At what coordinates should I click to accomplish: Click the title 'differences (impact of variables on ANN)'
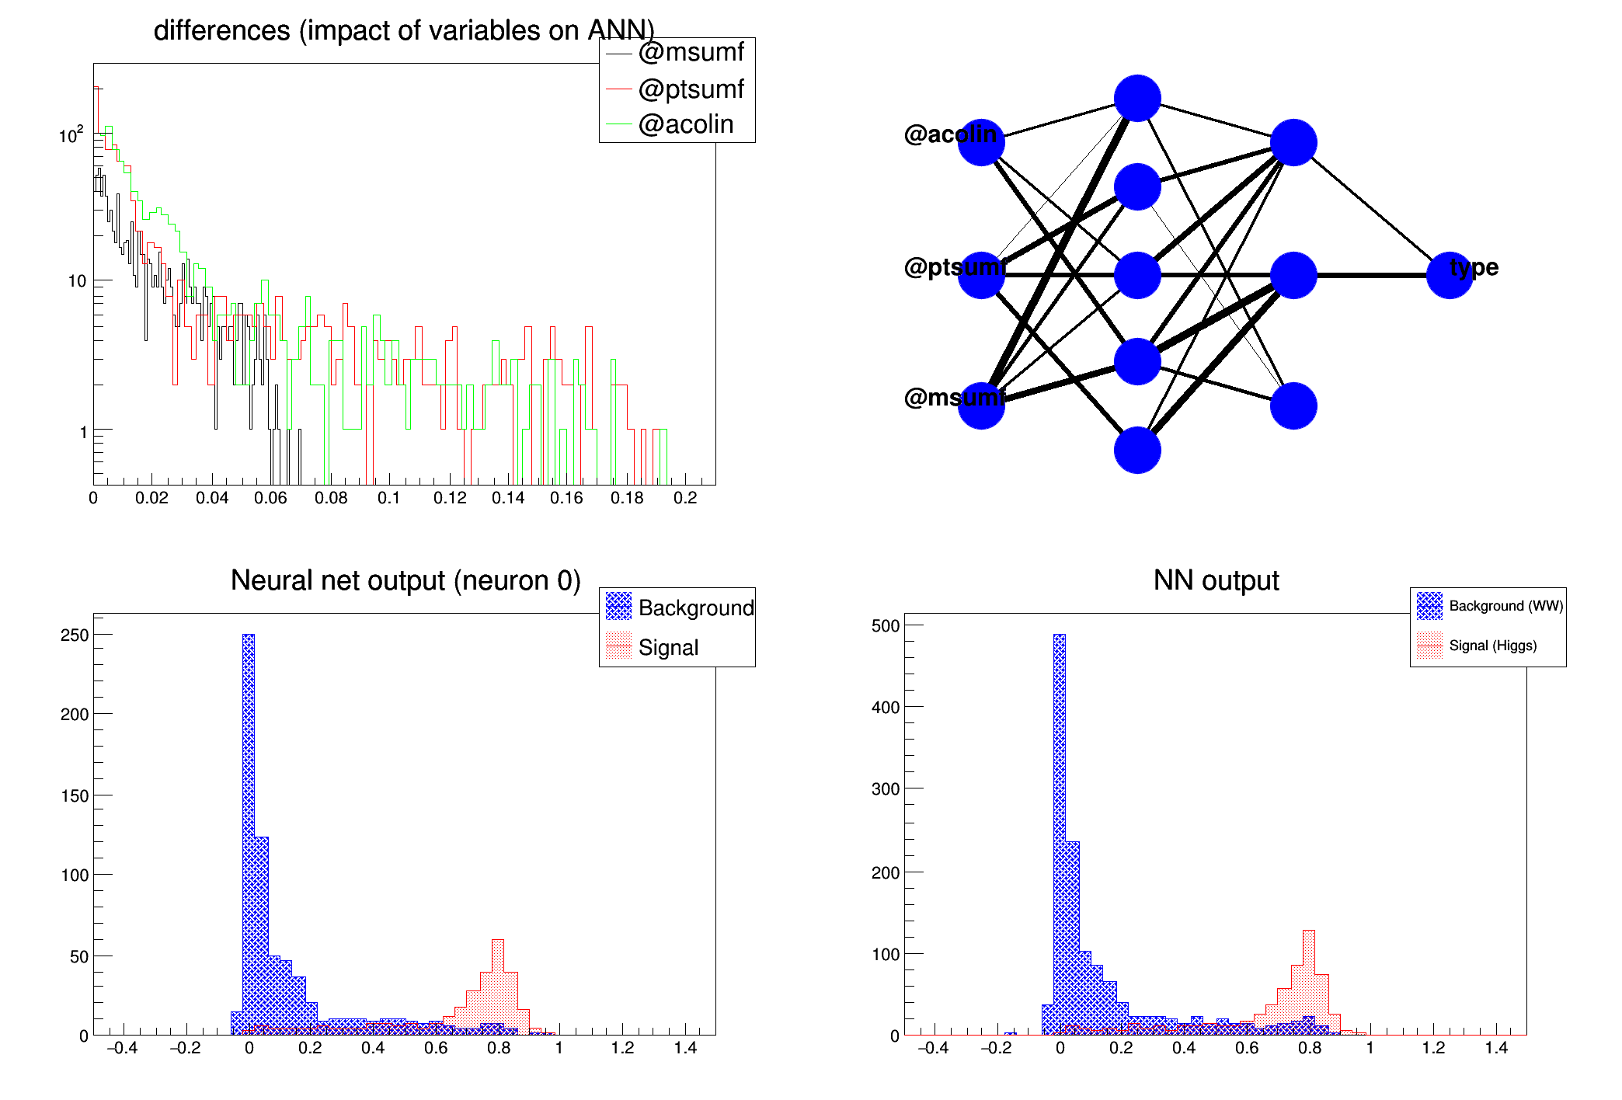point(404,30)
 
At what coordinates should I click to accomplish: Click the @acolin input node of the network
point(981,142)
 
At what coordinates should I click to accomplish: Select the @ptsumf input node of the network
point(981,275)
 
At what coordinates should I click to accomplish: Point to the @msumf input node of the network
point(981,406)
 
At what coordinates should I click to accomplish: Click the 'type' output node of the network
point(1450,275)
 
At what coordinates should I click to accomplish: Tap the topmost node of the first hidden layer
point(1137,99)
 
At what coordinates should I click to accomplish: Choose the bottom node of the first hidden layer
point(1137,450)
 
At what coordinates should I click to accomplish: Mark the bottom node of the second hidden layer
point(1293,406)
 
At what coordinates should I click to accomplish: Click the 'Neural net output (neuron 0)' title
point(405,580)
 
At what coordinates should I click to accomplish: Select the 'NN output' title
point(1216,580)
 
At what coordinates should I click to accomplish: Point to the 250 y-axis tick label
point(75,635)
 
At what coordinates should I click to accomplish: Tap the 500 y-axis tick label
point(886,625)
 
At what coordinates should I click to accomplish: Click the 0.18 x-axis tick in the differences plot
point(626,498)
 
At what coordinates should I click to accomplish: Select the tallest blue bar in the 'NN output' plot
point(1060,831)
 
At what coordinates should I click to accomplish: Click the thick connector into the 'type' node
point(1371,275)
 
